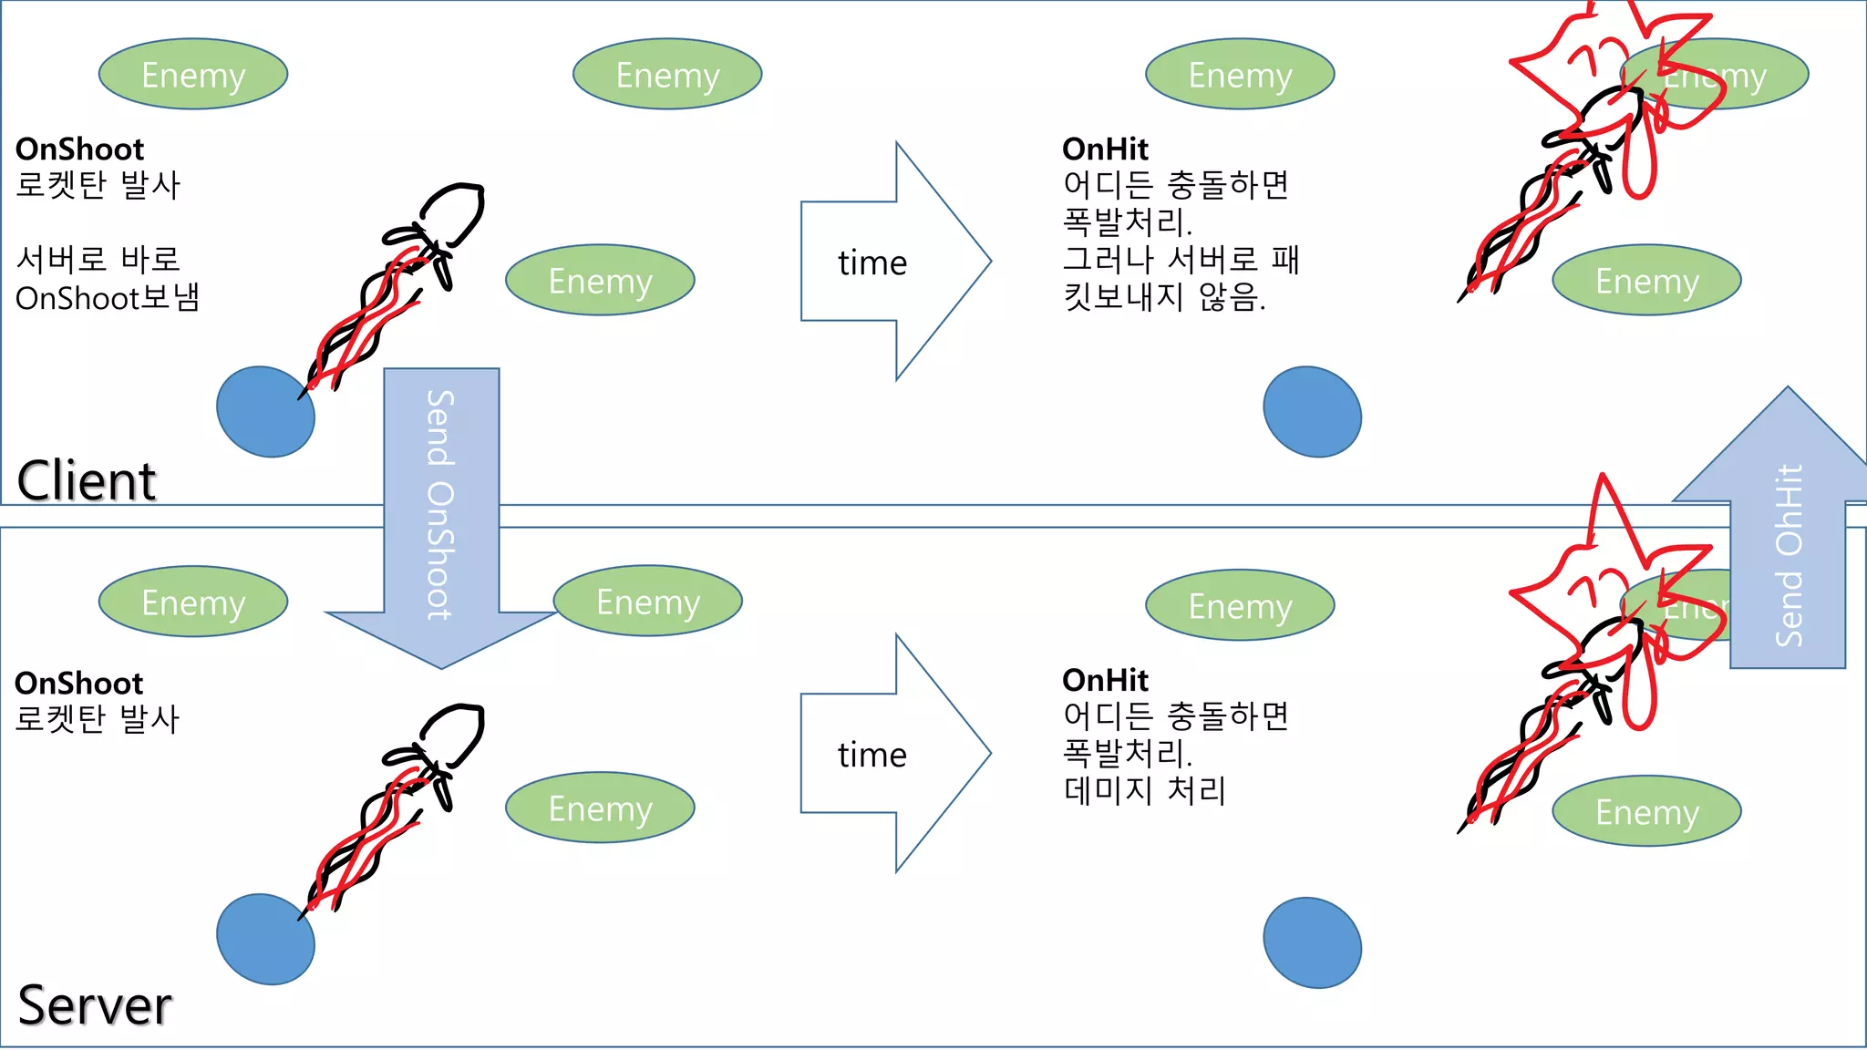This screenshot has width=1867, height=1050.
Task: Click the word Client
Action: tap(87, 480)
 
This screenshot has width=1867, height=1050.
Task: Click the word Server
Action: tap(95, 1005)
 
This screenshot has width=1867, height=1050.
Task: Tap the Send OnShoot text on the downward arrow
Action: tap(440, 505)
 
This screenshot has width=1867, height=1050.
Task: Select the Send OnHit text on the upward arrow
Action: tap(1789, 555)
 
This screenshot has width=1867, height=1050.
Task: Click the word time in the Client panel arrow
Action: tap(872, 263)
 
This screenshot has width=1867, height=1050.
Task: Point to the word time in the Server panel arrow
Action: tap(872, 756)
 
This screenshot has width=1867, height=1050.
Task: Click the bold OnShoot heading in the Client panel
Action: tap(79, 149)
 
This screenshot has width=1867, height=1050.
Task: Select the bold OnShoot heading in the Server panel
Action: tap(79, 683)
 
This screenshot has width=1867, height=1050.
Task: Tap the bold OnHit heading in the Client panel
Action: tap(1105, 149)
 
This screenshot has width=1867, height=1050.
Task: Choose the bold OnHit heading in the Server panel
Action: tap(1105, 680)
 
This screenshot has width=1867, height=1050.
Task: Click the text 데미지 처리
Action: tap(1144, 790)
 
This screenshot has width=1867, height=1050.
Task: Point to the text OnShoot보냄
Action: tap(108, 298)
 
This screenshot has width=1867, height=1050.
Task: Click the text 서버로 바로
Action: tap(98, 260)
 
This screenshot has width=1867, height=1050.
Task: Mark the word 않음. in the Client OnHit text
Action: tap(1232, 297)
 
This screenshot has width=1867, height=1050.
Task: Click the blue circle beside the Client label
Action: tap(265, 412)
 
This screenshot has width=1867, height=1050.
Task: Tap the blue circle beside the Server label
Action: tap(265, 939)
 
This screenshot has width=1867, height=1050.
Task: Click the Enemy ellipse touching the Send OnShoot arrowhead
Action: tap(648, 602)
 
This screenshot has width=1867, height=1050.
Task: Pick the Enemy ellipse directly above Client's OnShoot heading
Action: tap(193, 74)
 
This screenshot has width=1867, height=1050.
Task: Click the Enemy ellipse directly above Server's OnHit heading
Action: tap(1240, 605)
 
